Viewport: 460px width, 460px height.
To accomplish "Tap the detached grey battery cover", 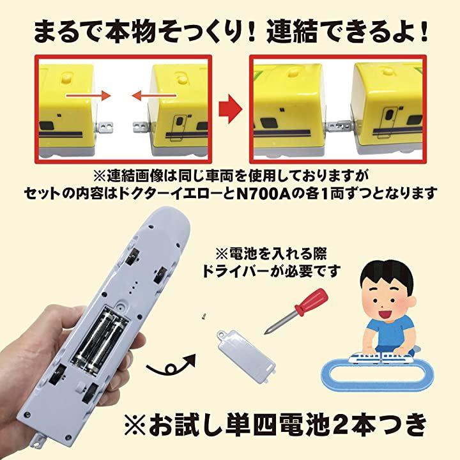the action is pos(246,356).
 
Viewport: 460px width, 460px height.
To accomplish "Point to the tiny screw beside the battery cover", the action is pos(203,316).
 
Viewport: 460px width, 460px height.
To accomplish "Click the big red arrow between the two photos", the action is pos(231,109).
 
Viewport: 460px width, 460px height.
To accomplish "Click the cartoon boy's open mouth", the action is pos(383,315).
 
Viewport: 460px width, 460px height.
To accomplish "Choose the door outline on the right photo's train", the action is pos(387,123).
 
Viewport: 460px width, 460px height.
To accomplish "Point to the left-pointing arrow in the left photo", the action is pos(155,95).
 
